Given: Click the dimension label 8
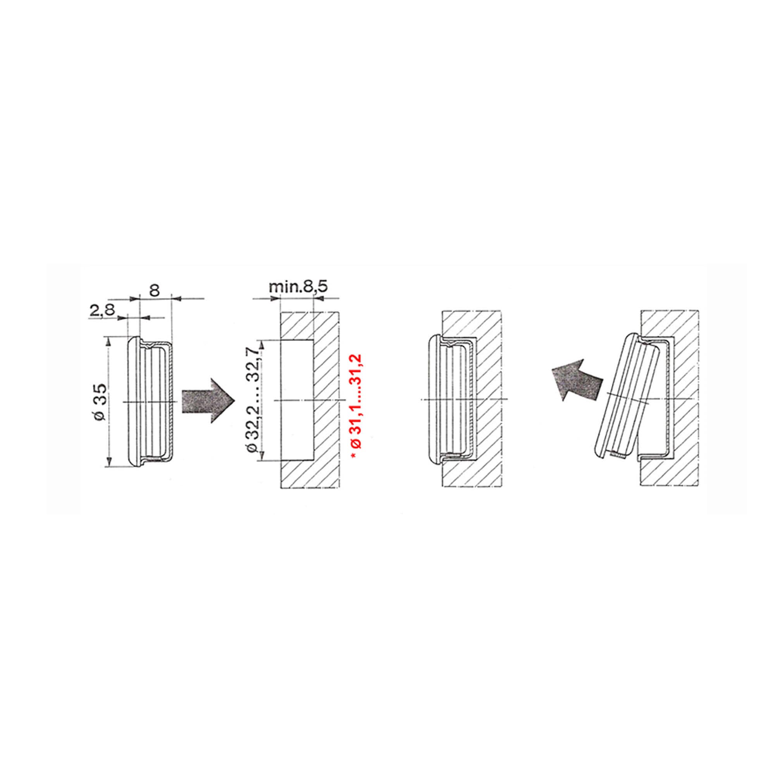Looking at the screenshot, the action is (155, 290).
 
